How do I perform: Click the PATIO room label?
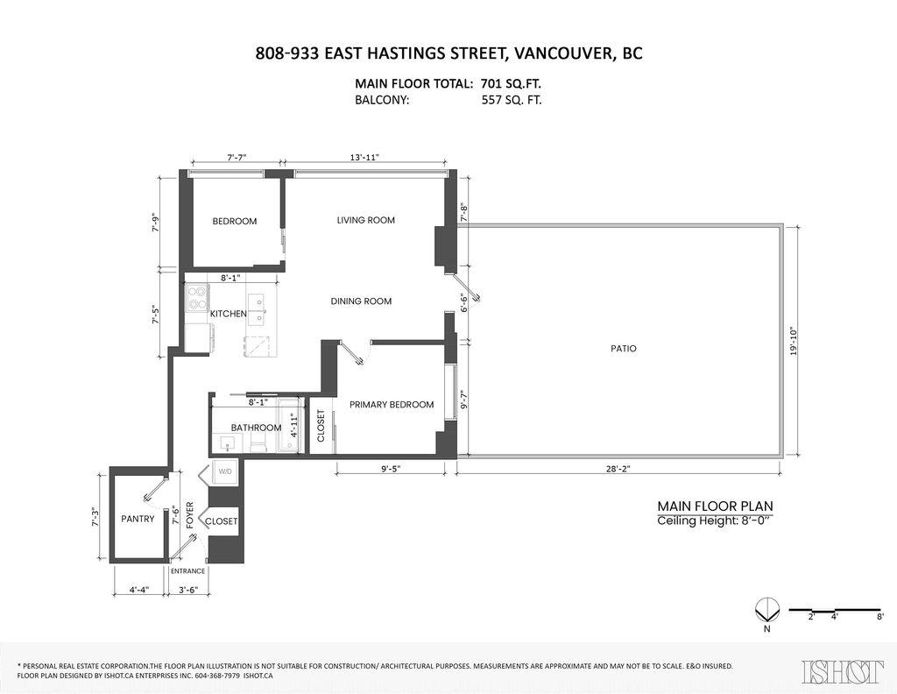click(623, 348)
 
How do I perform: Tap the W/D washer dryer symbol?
click(224, 472)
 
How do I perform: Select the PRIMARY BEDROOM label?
click(392, 404)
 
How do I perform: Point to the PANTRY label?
click(138, 519)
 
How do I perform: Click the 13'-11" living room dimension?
click(364, 158)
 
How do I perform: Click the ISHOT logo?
click(843, 670)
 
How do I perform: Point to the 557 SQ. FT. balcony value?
click(512, 100)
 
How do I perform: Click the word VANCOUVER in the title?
click(563, 53)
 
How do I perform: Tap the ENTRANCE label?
click(187, 570)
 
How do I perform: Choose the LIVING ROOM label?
click(365, 220)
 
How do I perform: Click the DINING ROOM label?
click(361, 301)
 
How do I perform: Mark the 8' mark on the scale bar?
click(879, 618)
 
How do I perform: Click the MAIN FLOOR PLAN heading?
click(715, 506)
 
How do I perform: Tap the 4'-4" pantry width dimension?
click(138, 590)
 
